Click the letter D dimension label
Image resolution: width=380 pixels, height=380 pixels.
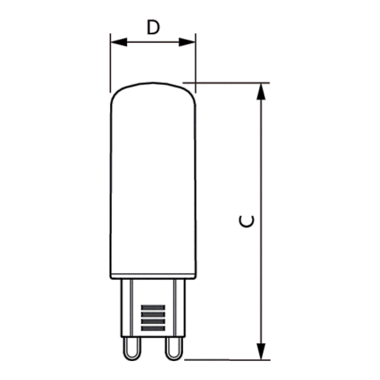(153, 27)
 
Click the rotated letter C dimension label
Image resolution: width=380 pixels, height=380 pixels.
(246, 221)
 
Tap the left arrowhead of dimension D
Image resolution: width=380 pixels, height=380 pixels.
(119, 42)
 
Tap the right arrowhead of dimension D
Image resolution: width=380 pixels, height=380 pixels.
(187, 42)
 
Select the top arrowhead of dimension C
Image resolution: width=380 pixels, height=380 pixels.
(261, 92)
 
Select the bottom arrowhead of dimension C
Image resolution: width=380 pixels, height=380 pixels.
(261, 351)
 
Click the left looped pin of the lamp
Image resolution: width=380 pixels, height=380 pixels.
(132, 349)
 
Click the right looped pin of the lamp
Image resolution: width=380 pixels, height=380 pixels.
(174, 349)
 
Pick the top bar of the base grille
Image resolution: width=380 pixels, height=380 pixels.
(153, 307)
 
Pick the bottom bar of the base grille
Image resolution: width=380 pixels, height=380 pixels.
(153, 329)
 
